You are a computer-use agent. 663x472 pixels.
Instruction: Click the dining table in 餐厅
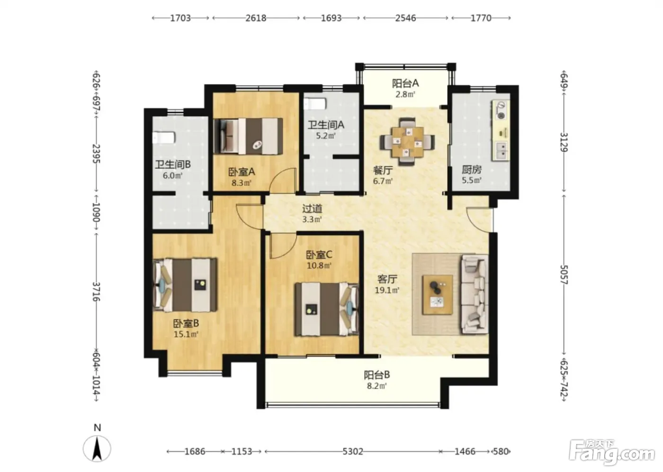(407, 142)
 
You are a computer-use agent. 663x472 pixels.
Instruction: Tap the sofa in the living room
(475, 295)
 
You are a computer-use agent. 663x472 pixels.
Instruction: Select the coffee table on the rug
(438, 295)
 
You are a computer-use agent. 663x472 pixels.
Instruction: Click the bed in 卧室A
(248, 136)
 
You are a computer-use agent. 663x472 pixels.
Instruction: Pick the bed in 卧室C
(327, 309)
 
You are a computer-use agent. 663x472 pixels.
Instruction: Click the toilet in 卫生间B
(164, 138)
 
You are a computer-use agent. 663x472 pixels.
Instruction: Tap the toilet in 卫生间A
(315, 104)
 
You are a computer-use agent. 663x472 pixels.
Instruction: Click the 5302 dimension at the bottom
(352, 451)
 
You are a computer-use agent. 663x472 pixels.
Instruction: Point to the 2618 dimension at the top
(256, 18)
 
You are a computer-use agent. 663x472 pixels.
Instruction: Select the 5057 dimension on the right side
(564, 275)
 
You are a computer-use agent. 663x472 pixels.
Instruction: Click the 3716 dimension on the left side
(96, 291)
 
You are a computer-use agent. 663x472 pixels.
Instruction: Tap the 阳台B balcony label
(377, 375)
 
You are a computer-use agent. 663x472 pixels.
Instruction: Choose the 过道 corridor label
(312, 209)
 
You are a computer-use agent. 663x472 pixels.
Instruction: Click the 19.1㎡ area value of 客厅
(387, 290)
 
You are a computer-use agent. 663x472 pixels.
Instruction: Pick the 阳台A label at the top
(405, 83)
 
